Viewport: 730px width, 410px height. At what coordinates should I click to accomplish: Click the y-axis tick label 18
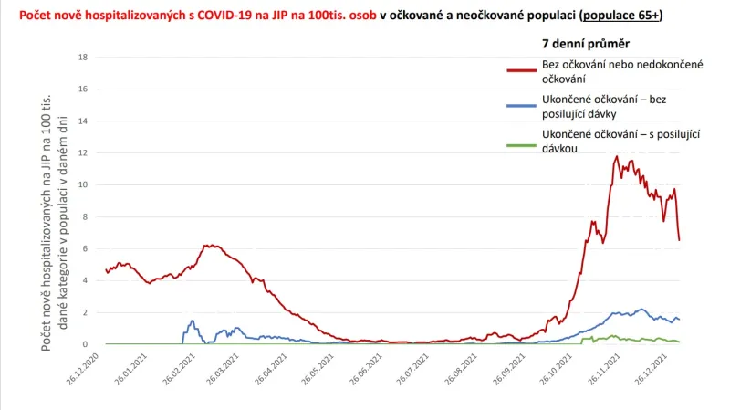pyautogui.click(x=83, y=57)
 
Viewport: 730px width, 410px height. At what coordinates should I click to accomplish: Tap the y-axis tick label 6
pyautogui.click(x=85, y=248)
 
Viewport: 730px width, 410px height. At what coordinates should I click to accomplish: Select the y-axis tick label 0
pyautogui.click(x=85, y=344)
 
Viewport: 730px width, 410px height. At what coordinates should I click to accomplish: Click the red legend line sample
pyautogui.click(x=521, y=68)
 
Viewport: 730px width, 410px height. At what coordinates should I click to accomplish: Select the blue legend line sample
pyautogui.click(x=521, y=104)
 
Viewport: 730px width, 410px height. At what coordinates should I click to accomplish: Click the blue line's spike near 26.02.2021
pyautogui.click(x=193, y=321)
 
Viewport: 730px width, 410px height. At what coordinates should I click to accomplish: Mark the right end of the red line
pyautogui.click(x=680, y=240)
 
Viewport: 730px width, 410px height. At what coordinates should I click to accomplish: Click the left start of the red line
pyautogui.click(x=107, y=271)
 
